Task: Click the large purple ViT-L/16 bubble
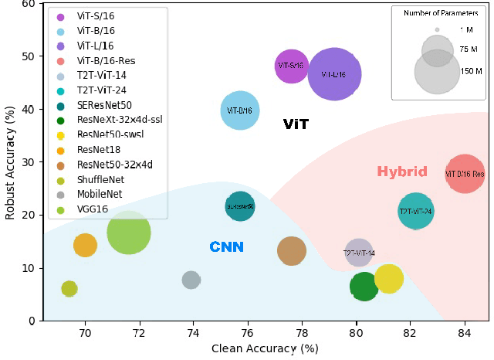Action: [334, 74]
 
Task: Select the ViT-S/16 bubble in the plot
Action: [292, 66]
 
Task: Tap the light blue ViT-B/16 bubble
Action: [239, 110]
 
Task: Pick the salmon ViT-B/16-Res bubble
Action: [465, 174]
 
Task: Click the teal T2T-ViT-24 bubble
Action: [415, 211]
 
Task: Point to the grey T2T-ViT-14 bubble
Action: [359, 253]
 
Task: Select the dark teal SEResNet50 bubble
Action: [240, 206]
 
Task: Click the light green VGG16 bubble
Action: [129, 232]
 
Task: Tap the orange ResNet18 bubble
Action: [85, 245]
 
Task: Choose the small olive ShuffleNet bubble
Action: [69, 289]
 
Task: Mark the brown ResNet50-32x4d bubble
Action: [291, 250]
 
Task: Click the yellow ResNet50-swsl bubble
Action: [388, 278]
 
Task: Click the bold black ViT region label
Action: [296, 124]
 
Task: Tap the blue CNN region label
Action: [227, 247]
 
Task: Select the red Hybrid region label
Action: [401, 172]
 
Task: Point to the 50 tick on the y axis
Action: [29, 56]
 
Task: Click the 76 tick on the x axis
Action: [247, 333]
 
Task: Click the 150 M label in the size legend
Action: [471, 71]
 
